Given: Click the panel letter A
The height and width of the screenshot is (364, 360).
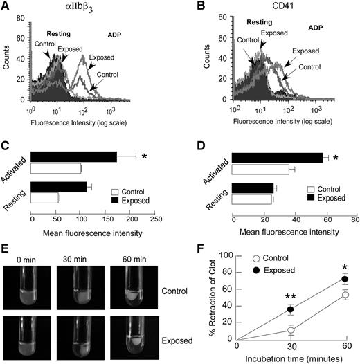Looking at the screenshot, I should pos(6,8).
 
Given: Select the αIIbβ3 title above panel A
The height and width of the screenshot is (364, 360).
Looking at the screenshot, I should pos(98,9).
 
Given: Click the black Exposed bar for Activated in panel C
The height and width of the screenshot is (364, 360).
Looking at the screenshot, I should pos(74,157).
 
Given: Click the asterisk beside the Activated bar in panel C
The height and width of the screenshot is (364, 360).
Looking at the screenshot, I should pos(144,158).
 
